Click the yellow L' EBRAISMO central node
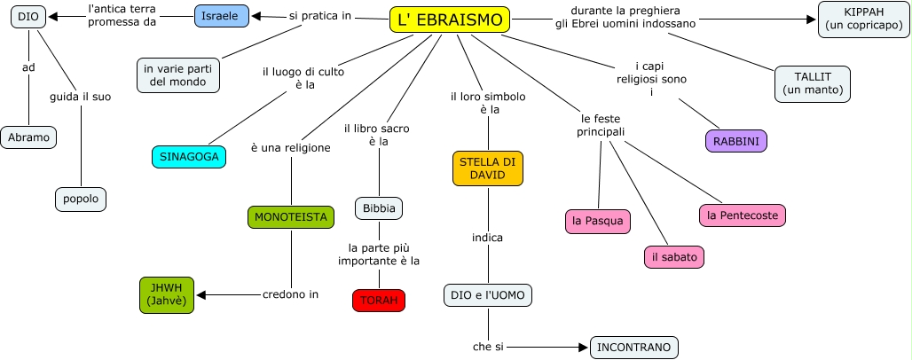(450, 20)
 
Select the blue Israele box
(221, 16)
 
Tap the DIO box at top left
(28, 16)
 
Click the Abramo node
(28, 137)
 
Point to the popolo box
(81, 199)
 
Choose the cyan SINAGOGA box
(188, 157)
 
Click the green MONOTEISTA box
(290, 216)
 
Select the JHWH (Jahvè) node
(165, 294)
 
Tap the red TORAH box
(379, 300)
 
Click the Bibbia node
(379, 209)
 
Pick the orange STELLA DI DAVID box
(488, 168)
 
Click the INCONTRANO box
(633, 347)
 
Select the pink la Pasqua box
(598, 221)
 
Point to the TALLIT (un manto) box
(813, 83)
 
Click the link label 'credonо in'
(290, 294)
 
